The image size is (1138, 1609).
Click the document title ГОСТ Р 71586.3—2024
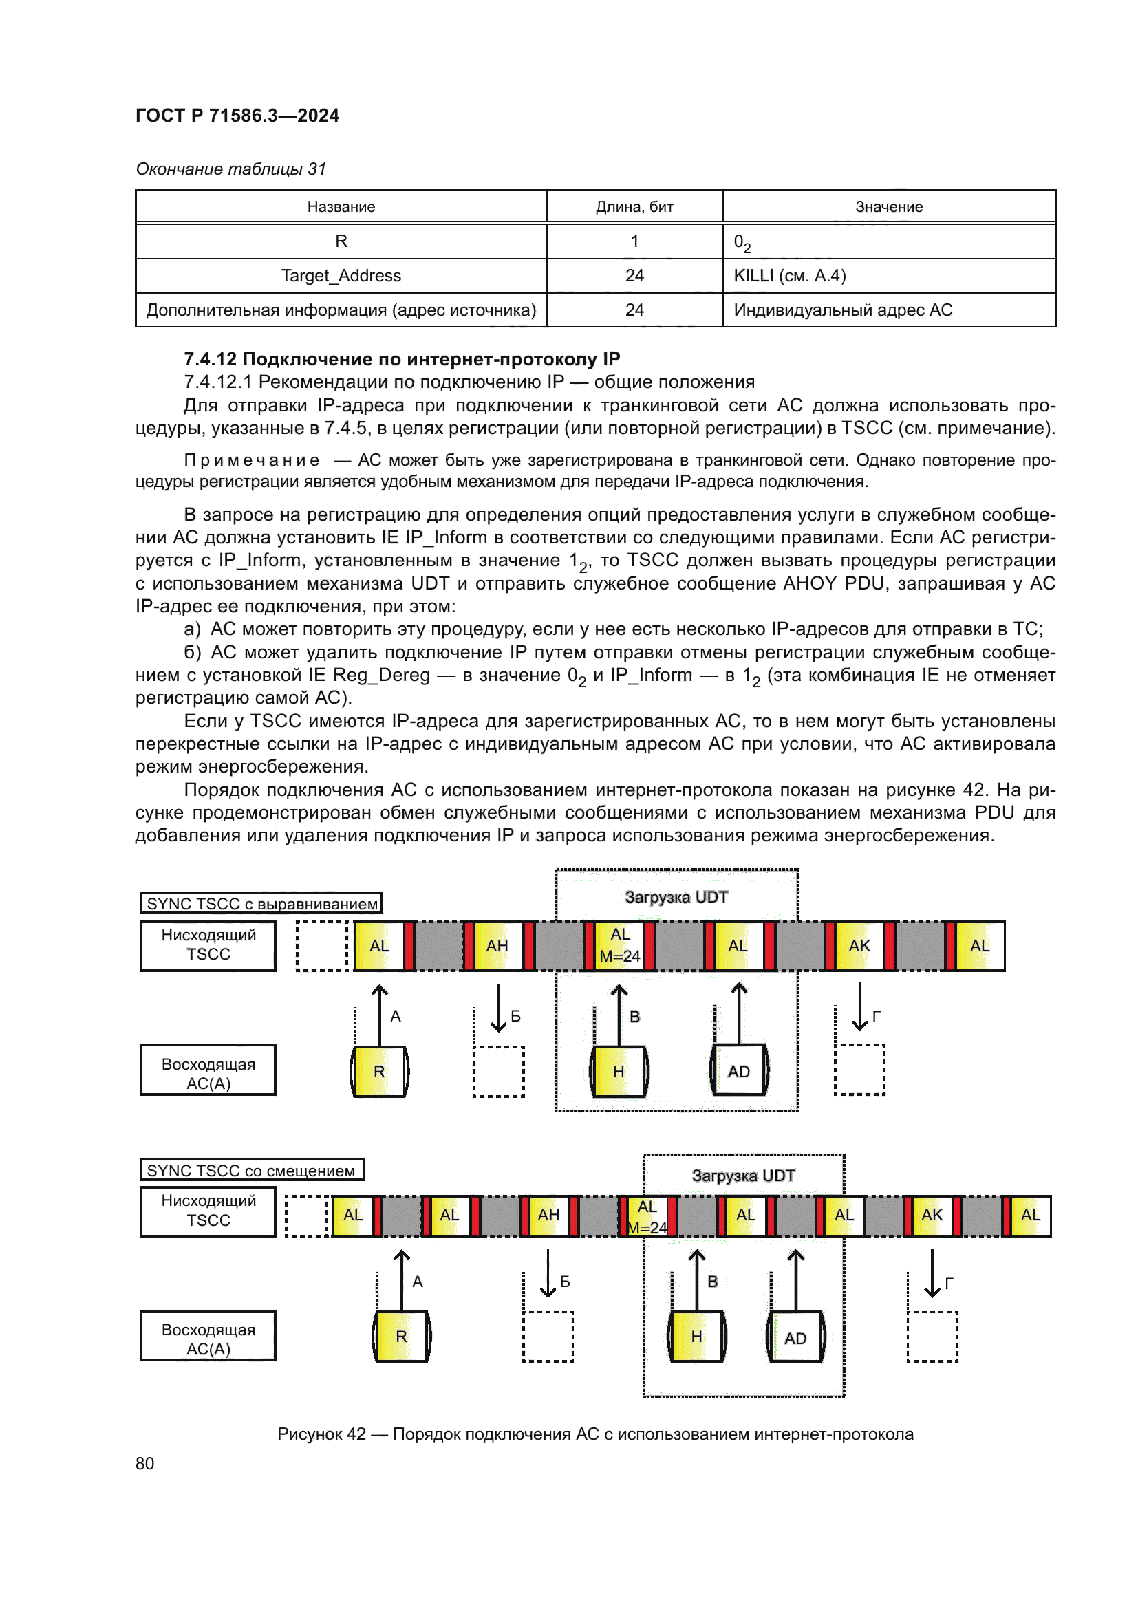coord(237,116)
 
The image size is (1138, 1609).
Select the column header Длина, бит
coord(634,207)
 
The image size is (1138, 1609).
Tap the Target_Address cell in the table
coord(341,275)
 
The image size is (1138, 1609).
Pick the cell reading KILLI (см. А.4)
coord(790,275)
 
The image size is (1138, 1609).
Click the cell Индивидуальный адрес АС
coord(843,310)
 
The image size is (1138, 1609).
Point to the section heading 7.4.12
coord(402,359)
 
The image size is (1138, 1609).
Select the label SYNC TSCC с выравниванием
coord(261,903)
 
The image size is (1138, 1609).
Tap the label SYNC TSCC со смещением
coord(251,1170)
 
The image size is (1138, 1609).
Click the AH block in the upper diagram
coord(497,946)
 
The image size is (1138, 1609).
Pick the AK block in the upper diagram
coord(859,946)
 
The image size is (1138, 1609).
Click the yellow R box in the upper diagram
coord(379,1072)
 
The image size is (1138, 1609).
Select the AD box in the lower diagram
coord(795,1338)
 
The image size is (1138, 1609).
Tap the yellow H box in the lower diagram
coord(696,1337)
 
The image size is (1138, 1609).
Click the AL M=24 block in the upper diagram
coord(620,946)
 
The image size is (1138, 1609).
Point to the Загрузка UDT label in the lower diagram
coord(743,1175)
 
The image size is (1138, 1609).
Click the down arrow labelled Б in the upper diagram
coord(499,1008)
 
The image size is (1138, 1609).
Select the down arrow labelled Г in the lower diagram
coord(932,1273)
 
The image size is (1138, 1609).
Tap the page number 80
coord(145,1463)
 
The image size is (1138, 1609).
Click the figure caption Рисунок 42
coord(595,1434)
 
